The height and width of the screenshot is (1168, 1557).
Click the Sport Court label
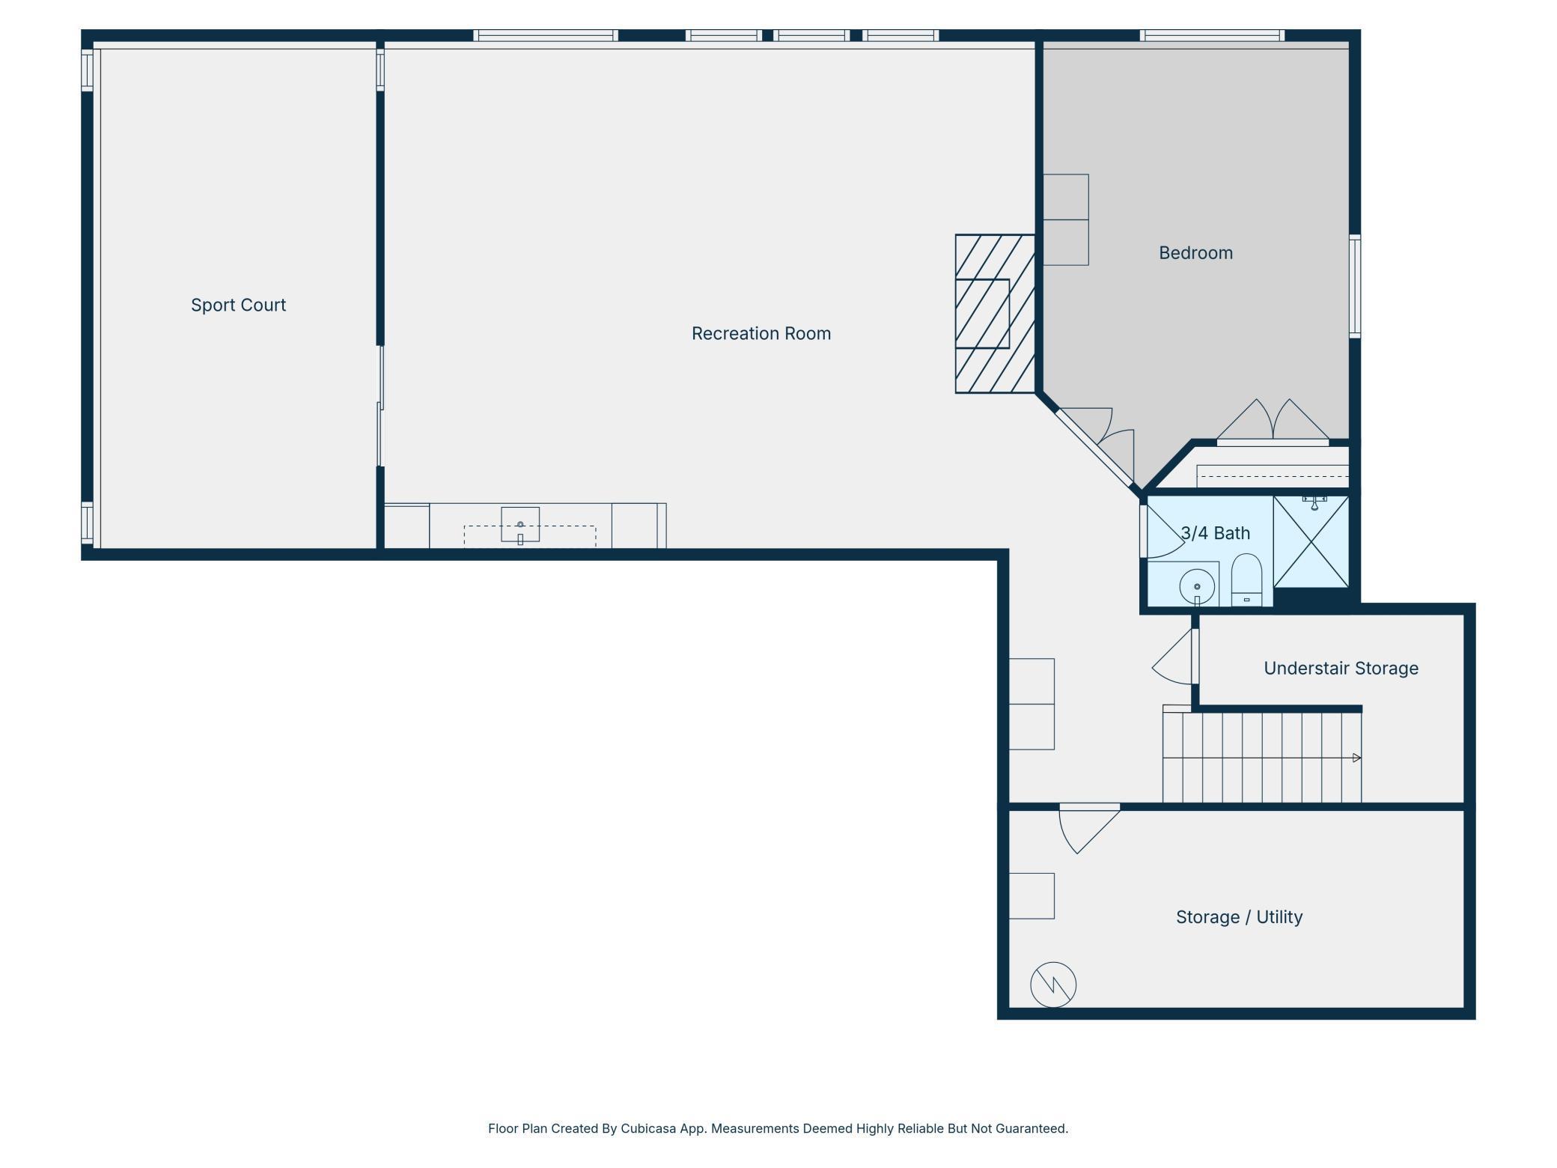coord(238,305)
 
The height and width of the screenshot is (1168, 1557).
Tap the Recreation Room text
coord(761,333)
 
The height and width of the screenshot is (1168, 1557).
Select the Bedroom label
coord(1195,253)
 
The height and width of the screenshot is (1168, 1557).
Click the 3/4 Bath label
coord(1216,533)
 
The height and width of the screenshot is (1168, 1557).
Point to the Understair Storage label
coord(1341,668)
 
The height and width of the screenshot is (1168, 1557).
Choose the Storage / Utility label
coord(1239,917)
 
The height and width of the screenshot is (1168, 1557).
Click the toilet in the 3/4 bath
coord(1246,580)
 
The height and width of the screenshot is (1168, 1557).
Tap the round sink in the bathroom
coord(1197,587)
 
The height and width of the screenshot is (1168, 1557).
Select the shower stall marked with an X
coord(1311,541)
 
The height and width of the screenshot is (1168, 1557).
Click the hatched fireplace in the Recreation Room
coord(995,314)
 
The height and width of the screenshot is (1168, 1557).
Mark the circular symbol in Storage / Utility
coord(1053,985)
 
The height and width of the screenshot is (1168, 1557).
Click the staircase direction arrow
coord(1356,758)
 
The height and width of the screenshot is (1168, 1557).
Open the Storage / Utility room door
coord(1089,829)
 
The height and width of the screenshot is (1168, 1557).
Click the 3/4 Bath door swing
coord(1163,530)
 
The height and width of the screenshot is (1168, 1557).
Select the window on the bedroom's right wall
coord(1355,286)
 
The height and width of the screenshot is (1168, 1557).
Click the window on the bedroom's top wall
coord(1212,35)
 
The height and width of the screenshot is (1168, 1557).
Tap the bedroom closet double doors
coord(1273,423)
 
